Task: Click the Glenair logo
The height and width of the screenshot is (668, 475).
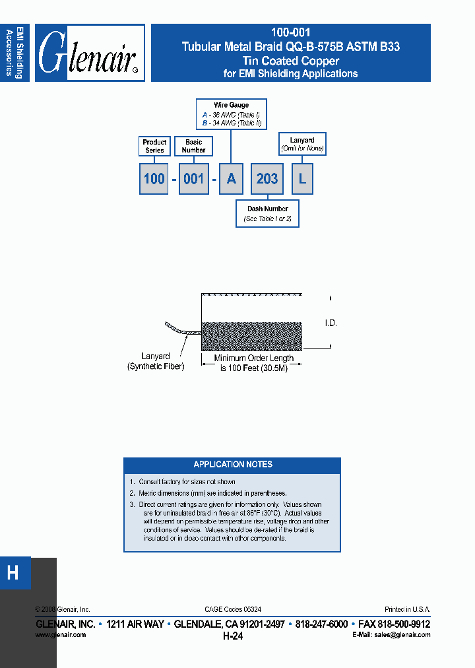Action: coord(90,53)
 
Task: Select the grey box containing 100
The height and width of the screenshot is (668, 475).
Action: coord(154,179)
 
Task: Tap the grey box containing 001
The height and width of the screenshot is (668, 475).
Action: coord(193,179)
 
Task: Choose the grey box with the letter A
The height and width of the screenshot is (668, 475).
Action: coord(230,179)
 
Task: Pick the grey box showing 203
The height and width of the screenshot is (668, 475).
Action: coord(267,179)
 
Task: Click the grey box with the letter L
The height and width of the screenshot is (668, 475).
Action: coord(302,179)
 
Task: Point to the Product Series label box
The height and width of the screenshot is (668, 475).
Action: coord(154,146)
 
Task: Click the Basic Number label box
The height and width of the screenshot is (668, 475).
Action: coord(194,146)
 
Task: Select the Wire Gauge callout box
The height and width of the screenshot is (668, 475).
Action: coord(232,114)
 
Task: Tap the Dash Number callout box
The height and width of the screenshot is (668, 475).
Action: coord(267,214)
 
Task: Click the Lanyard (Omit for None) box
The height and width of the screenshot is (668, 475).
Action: coord(302,144)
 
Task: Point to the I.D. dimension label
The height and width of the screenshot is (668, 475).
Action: coord(331,323)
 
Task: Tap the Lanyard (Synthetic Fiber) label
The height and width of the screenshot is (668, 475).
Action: coord(155,361)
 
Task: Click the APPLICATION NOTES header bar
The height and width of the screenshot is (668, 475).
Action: coord(232,465)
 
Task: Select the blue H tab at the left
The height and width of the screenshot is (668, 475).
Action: coord(13,573)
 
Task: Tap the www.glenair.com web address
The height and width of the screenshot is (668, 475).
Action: coord(60,634)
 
